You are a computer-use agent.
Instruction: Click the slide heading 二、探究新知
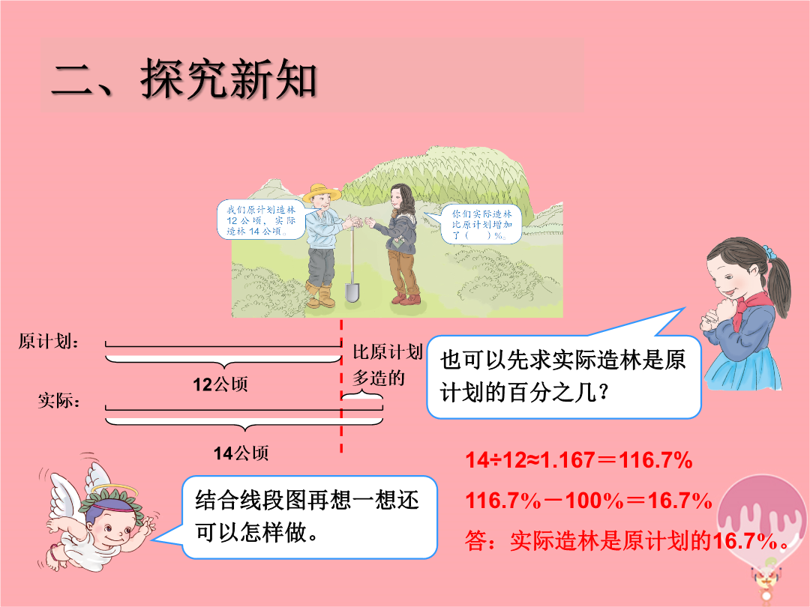(x=184, y=79)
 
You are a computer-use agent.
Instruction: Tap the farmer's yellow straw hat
(x=322, y=193)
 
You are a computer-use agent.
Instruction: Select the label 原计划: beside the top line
(x=49, y=342)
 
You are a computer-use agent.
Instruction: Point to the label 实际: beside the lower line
(x=59, y=400)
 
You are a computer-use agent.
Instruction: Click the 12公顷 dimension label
(x=220, y=384)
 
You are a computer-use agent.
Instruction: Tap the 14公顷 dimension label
(x=241, y=453)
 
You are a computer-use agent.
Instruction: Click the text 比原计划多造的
(x=388, y=365)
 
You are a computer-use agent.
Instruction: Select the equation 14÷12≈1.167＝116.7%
(x=578, y=459)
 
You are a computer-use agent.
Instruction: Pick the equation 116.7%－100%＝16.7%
(x=589, y=500)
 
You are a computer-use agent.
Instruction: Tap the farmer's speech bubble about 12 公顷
(x=261, y=220)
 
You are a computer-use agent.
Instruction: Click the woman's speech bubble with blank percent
(x=481, y=224)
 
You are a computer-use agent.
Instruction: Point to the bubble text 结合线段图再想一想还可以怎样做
(x=307, y=516)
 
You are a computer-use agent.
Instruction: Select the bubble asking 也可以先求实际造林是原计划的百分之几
(x=563, y=375)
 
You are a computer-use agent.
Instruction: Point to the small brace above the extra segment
(x=362, y=396)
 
